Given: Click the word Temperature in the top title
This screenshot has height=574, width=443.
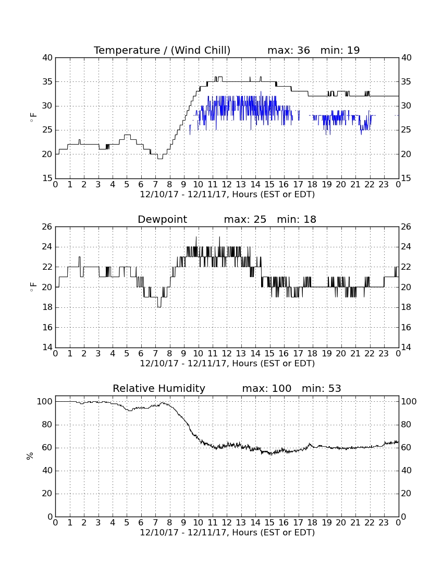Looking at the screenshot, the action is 127,51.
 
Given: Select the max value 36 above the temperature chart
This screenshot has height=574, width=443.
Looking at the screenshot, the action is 303,50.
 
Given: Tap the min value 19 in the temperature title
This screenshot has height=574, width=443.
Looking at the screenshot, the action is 353,50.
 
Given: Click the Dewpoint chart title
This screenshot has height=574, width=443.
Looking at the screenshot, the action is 162,220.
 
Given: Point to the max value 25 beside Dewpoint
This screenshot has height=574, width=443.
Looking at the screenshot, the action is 260,220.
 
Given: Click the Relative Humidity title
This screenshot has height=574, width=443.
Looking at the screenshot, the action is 159,388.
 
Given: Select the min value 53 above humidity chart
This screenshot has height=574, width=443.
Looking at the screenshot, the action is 335,388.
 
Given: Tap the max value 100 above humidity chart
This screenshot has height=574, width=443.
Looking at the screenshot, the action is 281,388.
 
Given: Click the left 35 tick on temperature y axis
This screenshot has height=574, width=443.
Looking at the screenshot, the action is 48,81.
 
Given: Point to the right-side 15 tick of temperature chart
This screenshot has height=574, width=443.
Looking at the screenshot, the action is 406,178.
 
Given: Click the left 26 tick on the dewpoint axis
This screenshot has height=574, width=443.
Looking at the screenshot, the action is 48,226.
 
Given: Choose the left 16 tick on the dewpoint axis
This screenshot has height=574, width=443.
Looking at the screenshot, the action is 48,327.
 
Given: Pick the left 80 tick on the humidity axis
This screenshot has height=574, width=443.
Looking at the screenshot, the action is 48,425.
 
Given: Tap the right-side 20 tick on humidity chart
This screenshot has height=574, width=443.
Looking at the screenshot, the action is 406,494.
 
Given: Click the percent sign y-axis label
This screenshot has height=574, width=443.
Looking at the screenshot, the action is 30,456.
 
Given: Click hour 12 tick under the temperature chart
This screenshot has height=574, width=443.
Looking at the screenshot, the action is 227,185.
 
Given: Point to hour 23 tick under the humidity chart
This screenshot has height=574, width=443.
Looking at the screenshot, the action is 384,523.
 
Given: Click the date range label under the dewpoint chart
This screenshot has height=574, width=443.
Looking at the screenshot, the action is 227,364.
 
